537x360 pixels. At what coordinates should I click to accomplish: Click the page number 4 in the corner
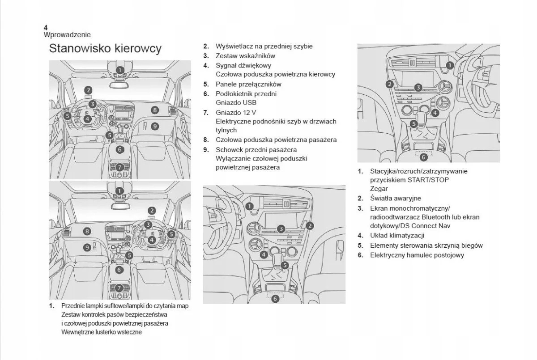[x=46, y=27]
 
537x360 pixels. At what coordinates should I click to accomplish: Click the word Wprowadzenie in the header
[x=67, y=34]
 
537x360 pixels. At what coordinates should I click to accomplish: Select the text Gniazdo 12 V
[x=236, y=112]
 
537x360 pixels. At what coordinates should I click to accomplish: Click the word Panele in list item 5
[x=226, y=84]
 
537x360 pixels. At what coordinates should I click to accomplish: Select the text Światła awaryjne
[x=396, y=198]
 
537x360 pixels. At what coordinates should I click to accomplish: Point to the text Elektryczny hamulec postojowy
[x=417, y=255]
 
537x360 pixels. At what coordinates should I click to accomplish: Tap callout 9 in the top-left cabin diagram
[x=154, y=126]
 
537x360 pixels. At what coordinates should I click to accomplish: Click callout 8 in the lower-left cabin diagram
[x=87, y=231]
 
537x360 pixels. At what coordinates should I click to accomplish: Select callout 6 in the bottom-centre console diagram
[x=275, y=298]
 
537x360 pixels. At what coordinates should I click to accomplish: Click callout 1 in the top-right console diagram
[x=450, y=65]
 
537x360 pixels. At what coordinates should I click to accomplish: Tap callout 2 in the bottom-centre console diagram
[x=310, y=226]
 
